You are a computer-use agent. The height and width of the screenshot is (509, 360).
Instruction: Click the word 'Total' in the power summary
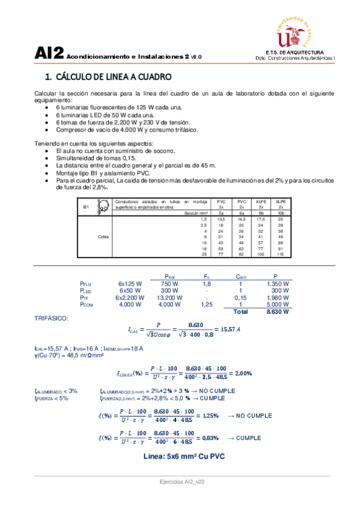tap(240, 312)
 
